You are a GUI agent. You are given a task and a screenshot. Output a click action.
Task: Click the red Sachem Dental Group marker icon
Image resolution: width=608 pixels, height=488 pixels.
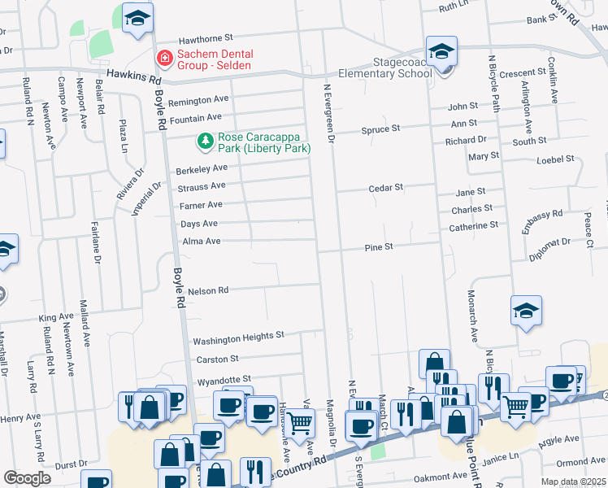pos(163,59)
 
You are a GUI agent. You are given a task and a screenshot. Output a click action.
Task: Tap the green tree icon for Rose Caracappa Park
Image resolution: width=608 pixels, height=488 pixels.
pos(206,142)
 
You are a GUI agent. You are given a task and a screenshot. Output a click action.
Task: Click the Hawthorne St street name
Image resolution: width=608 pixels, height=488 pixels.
pos(206,37)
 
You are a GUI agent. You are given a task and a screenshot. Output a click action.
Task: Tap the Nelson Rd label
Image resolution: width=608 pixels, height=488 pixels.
pos(208,290)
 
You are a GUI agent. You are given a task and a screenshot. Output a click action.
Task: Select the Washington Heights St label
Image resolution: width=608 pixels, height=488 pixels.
pos(237,335)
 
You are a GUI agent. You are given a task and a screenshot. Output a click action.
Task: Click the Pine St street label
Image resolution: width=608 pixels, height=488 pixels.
pos(379,246)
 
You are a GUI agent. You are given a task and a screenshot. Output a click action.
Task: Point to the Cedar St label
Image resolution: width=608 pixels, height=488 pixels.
pos(385,188)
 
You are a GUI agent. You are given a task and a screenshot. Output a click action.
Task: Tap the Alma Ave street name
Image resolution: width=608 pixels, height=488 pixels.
pos(201,242)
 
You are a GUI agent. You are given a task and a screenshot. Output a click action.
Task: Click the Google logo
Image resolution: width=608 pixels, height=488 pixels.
pos(27,477)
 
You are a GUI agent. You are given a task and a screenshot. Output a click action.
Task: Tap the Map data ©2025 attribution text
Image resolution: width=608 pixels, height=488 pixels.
pos(573,481)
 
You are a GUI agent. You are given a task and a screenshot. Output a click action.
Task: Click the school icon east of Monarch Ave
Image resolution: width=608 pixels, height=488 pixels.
pos(526,311)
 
